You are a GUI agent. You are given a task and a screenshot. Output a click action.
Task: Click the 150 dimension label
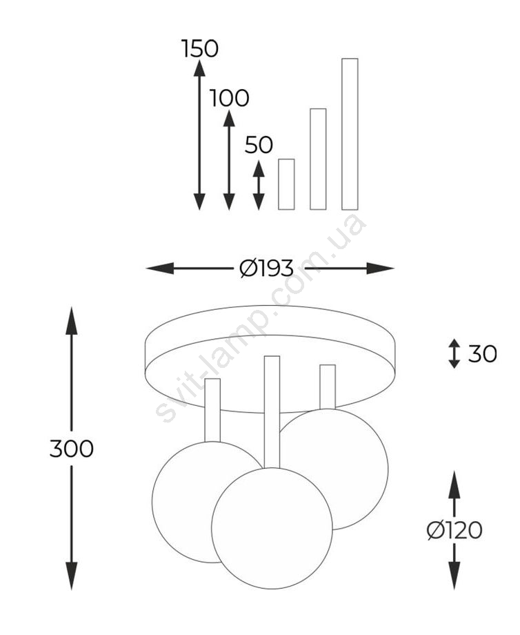coord(200,48)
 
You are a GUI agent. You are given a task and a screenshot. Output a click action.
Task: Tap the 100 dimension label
coord(229,99)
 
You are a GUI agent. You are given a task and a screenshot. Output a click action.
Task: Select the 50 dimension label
coord(259,145)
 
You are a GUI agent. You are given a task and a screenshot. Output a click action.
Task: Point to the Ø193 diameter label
coord(266,268)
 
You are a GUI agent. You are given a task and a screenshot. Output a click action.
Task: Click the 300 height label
coord(72,449)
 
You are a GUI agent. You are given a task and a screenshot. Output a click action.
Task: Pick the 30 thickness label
coord(482,354)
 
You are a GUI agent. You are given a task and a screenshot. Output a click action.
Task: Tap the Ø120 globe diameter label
coord(454,530)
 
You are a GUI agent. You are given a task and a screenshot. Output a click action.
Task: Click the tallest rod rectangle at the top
coord(350,134)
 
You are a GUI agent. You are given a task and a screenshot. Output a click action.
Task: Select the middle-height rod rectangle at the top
coord(318,159)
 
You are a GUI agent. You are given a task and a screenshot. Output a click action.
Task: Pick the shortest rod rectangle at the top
coord(286,184)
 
